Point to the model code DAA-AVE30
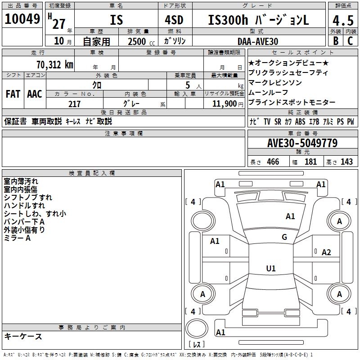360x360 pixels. pos(257,41)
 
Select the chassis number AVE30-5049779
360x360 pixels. pos(302,143)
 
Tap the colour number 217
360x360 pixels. pos(74,104)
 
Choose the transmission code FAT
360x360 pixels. pos(13,94)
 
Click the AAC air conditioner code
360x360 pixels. pos(35,94)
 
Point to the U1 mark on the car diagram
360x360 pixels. pos(270,269)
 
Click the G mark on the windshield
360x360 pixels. pos(284,237)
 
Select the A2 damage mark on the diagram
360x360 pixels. pos(326,252)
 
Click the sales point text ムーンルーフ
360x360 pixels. pos(268,92)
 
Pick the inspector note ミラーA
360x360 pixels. pos(17,238)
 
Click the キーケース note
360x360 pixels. pos(23,336)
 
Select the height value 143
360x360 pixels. pos(346,162)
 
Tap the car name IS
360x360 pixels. pos(116,20)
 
